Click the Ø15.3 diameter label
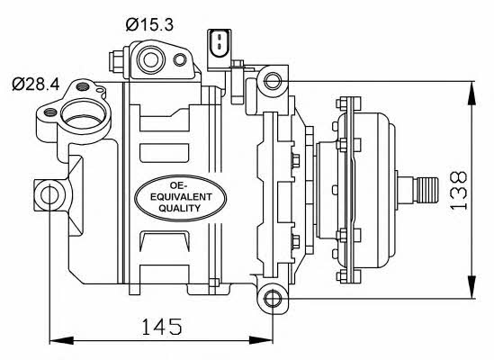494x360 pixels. pyautogui.click(x=149, y=24)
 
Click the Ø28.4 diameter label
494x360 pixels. pyautogui.click(x=36, y=85)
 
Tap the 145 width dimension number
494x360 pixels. pyautogui.click(x=162, y=327)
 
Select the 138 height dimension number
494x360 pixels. pyautogui.click(x=458, y=190)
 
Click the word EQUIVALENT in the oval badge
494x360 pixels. pyautogui.click(x=181, y=197)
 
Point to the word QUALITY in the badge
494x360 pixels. pyautogui.click(x=180, y=208)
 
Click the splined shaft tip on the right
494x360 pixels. pyautogui.click(x=427, y=190)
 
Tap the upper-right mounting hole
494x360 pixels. pyautogui.click(x=273, y=81)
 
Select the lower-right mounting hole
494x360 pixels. pyautogui.click(x=273, y=299)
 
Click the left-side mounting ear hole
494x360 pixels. pyautogui.click(x=49, y=195)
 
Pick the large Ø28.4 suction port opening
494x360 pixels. pyautogui.click(x=84, y=115)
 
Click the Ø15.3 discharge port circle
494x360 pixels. pyautogui.click(x=150, y=60)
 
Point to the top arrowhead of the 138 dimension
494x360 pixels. pyautogui.click(x=472, y=93)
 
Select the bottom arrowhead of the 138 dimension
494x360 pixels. pyautogui.click(x=472, y=286)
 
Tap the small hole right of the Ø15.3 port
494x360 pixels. pyautogui.click(x=180, y=60)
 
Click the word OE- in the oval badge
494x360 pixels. pyautogui.click(x=178, y=185)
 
